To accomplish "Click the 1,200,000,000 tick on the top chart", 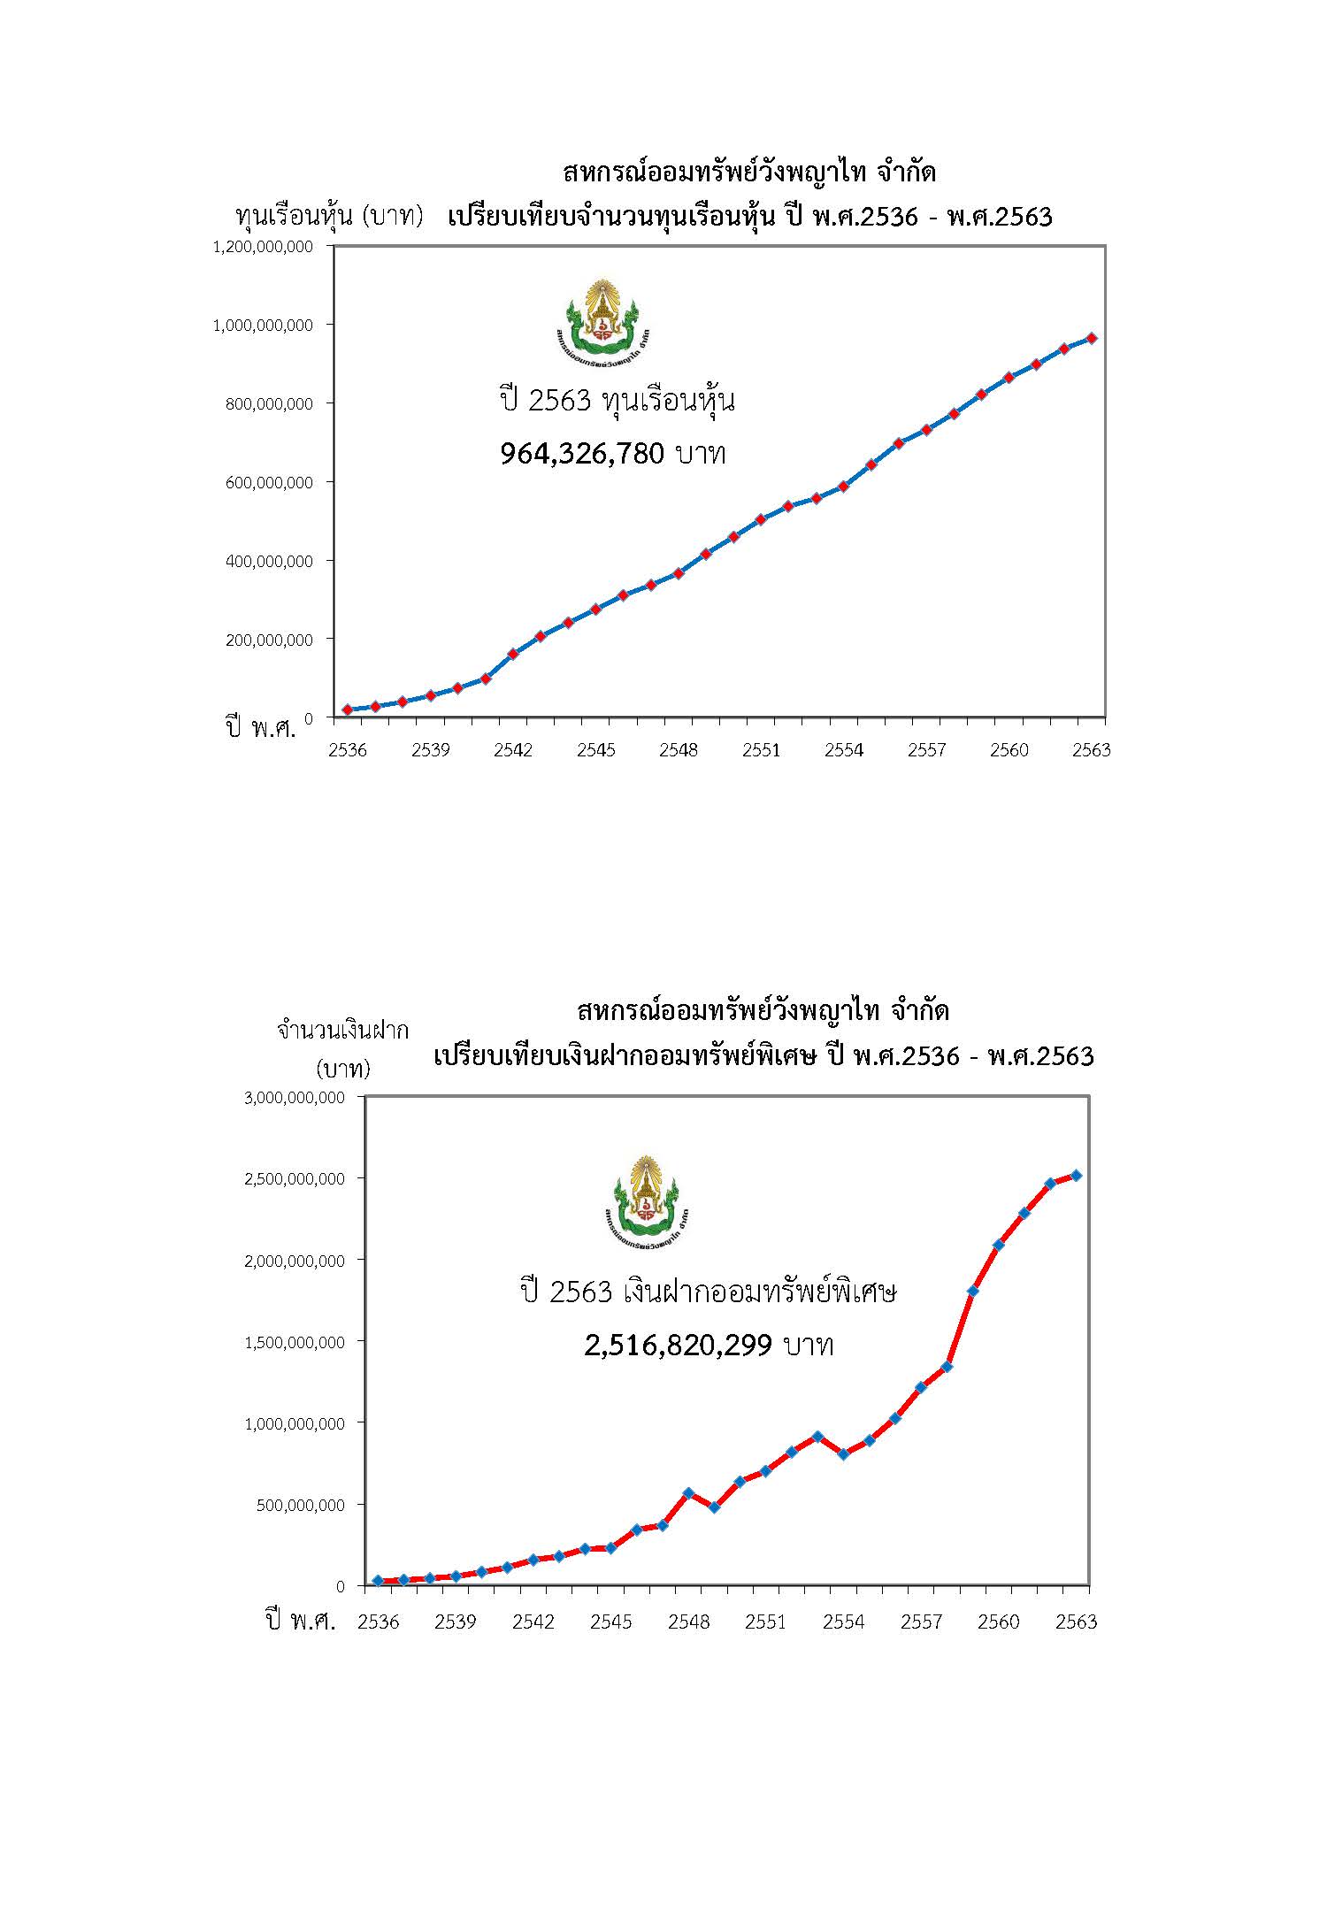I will pos(263,247).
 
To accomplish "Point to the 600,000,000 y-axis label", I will pos(269,482).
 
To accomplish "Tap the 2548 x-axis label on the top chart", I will pos(679,750).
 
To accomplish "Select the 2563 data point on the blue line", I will pos(1092,338).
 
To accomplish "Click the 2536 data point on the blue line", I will pos(348,709).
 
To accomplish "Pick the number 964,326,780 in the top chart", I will pos(581,454).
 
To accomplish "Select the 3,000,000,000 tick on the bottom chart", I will pos(294,1098).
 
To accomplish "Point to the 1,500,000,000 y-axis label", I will pos(294,1342).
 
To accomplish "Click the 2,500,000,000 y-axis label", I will pos(294,1179).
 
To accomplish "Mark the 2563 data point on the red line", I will pos(1077,1176).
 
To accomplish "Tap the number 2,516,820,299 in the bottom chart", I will pos(679,1346).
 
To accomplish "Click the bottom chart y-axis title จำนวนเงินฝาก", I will pos(342,1031).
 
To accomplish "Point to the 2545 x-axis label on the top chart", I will pos(596,750).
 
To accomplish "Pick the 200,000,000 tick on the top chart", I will pos(269,639).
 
